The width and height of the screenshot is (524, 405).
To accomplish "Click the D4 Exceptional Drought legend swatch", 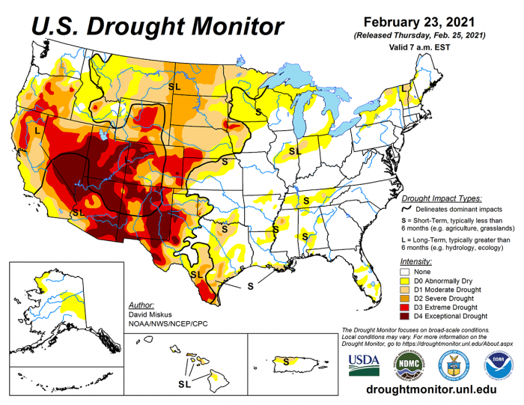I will [x=406, y=316].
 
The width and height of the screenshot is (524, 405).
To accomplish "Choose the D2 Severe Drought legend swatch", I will [x=406, y=298].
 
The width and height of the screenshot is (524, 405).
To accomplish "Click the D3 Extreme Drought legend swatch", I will [x=406, y=307].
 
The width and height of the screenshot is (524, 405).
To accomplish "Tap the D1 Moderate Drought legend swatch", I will [x=406, y=289].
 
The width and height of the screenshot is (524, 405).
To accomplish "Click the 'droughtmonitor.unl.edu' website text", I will [x=432, y=391].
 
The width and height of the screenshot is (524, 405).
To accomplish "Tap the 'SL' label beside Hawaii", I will [x=183, y=383].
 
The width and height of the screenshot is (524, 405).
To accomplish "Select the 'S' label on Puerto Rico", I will [x=286, y=360].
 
